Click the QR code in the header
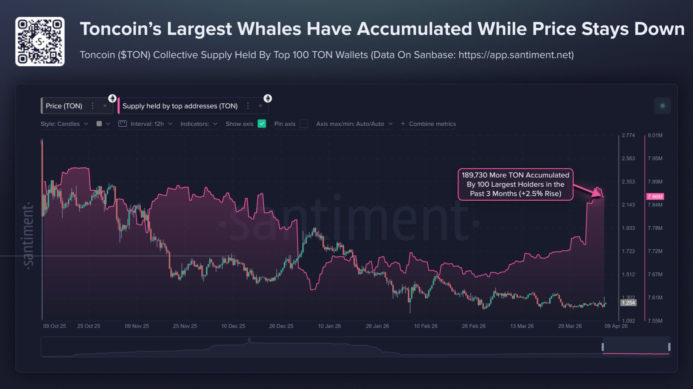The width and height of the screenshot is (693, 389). tap(40, 41)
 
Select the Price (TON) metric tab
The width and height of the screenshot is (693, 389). tap(64, 106)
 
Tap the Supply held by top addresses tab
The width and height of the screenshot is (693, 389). tap(180, 106)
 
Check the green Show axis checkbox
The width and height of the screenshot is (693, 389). tap(262, 124)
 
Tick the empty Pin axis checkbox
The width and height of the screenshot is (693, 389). tap(304, 124)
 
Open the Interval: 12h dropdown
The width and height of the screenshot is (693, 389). tap(147, 124)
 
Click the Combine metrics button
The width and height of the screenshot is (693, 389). tap(432, 124)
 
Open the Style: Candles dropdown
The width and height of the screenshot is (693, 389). tap(60, 124)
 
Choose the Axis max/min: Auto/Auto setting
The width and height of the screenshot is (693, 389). tap(350, 124)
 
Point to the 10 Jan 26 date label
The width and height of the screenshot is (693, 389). tap(329, 326)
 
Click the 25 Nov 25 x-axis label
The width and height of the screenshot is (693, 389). tap(185, 326)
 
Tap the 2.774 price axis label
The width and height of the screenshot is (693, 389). tap(628, 135)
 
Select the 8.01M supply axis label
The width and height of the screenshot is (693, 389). tap(655, 135)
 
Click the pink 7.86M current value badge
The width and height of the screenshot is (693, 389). tap(655, 197)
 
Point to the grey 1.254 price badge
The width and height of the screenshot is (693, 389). tap(628, 303)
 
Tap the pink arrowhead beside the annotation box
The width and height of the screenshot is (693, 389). tap(597, 193)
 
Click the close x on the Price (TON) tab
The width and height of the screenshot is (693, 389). tap(105, 106)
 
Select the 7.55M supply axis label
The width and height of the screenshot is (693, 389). tap(655, 321)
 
